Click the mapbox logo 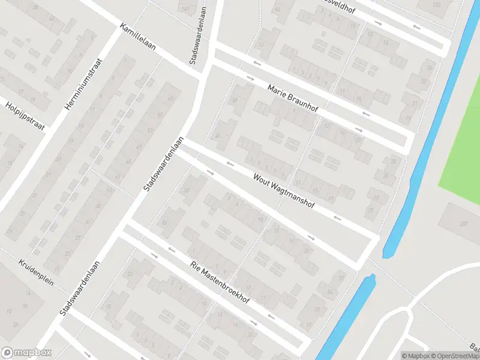[26, 353]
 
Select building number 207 [462, 223]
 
